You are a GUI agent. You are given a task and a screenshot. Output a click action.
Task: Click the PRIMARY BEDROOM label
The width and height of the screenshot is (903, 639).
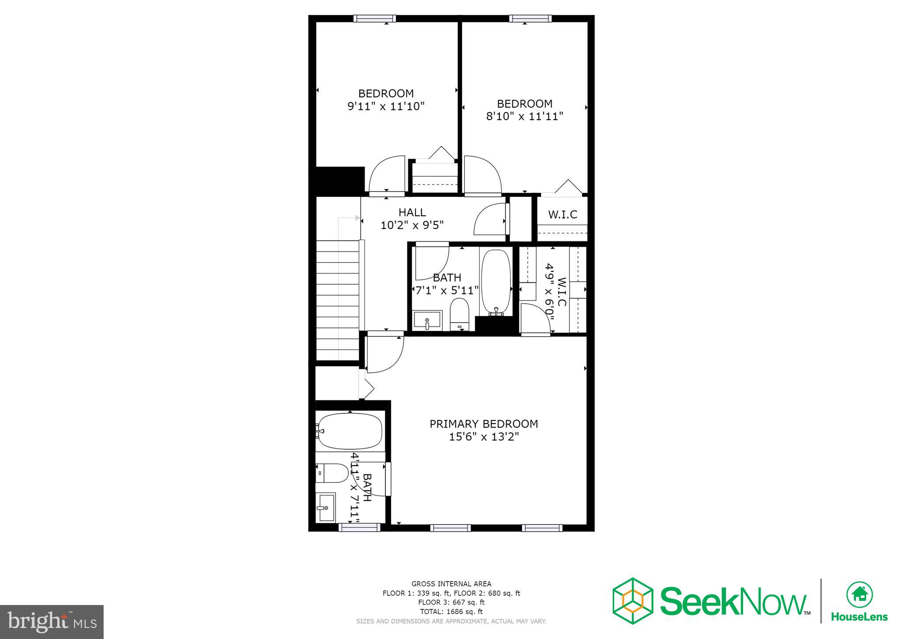tap(484, 424)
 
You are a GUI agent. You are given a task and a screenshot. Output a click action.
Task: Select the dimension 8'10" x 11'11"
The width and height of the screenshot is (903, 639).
tap(524, 117)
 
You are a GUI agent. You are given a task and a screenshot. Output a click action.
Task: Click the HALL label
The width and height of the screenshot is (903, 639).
tap(412, 212)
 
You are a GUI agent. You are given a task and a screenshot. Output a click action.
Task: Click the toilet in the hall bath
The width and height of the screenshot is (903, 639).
tap(459, 313)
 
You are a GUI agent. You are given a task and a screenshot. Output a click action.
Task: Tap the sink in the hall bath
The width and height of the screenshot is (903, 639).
tap(427, 320)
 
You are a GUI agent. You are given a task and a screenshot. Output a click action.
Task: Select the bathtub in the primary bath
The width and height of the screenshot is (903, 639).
tap(350, 431)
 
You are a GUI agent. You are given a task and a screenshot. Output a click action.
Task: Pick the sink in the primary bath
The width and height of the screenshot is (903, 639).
tap(325, 507)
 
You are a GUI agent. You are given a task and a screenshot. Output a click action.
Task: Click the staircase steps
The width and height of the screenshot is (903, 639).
tap(338, 300)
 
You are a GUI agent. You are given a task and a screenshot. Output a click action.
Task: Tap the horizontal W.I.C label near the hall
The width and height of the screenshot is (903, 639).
tap(563, 214)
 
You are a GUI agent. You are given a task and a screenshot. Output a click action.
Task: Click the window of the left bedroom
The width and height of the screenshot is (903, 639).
tap(374, 18)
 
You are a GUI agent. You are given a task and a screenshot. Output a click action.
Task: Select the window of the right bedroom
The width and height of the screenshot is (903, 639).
tap(530, 18)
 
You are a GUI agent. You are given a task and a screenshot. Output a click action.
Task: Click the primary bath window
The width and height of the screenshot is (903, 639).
tap(359, 527)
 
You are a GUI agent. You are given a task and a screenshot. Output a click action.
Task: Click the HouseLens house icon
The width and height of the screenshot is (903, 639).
tap(859, 595)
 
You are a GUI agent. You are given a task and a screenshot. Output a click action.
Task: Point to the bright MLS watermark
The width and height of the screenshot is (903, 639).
tap(52, 622)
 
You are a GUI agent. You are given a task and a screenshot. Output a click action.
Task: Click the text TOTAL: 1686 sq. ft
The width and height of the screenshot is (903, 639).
tap(451, 612)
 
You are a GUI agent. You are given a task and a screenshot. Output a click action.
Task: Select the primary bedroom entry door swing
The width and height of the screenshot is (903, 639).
tap(384, 353)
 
